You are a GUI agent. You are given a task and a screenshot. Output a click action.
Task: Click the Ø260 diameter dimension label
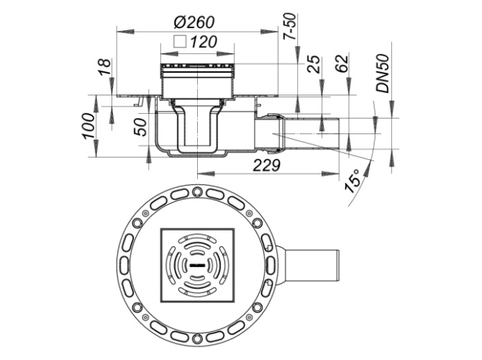[194, 22]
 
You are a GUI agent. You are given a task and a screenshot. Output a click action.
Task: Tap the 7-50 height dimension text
[290, 27]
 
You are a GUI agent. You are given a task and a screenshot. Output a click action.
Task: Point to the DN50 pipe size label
[383, 73]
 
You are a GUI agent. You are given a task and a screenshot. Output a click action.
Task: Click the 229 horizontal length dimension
[266, 165]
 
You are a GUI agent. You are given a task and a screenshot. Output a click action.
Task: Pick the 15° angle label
[353, 181]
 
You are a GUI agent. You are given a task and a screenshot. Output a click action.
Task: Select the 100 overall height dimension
[88, 126]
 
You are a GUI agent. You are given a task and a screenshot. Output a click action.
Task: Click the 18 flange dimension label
[104, 68]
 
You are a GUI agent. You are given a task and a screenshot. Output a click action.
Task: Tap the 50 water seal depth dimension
[140, 127]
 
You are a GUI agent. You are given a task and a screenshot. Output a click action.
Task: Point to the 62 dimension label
[342, 63]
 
